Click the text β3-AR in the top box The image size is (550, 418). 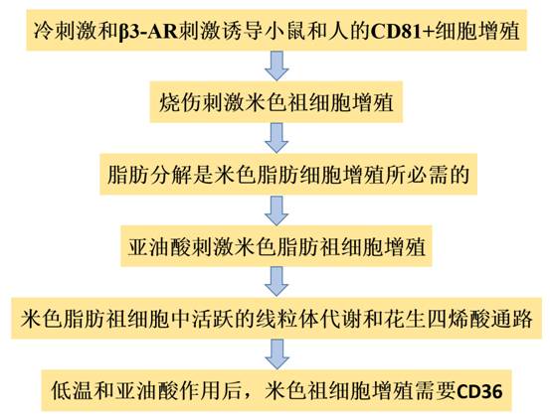tap(147, 31)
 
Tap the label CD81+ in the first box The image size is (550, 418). tap(401, 31)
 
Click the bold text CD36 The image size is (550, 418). tap(479, 390)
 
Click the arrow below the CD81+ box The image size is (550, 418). tap(276, 66)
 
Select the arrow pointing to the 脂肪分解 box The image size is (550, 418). tap(276, 138)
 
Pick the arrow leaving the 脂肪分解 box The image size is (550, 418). tap(276, 210)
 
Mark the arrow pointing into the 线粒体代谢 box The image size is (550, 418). tap(276, 282)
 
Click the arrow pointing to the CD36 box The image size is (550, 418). tap(276, 353)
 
